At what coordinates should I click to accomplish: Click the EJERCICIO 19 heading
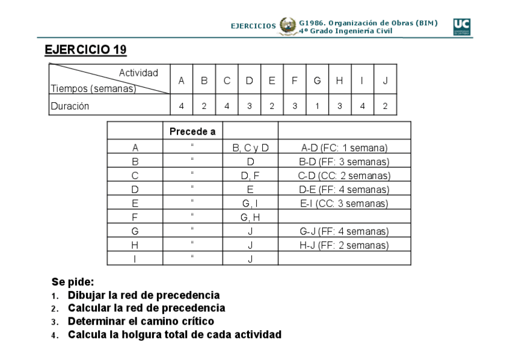click(85, 50)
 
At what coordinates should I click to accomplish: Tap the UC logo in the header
click(461, 27)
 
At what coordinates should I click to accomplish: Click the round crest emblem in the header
click(287, 26)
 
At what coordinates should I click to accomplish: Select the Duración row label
click(70, 106)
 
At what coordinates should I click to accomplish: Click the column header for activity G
click(317, 81)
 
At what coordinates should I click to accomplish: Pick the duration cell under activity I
click(362, 106)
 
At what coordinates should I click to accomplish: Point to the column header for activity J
click(385, 81)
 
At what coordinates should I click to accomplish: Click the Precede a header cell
click(192, 131)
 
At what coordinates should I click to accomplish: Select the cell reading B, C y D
click(250, 147)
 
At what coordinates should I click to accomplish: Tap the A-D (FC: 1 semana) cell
click(344, 147)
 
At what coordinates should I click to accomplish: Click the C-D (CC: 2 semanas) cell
click(344, 175)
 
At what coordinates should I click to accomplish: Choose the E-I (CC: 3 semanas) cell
click(344, 203)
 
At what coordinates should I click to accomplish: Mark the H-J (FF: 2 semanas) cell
click(344, 245)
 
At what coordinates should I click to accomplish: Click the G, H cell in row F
click(250, 217)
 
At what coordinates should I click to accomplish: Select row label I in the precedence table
click(135, 259)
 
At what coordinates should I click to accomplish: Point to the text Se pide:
click(73, 281)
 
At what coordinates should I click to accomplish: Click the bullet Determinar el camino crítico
click(141, 322)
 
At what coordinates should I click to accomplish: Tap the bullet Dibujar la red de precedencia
click(144, 295)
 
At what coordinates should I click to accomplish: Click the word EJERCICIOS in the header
click(253, 26)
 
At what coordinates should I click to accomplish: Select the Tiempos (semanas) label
click(93, 89)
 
